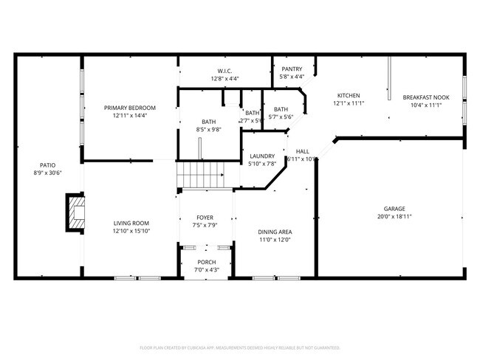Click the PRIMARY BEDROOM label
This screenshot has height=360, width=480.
click(130, 108)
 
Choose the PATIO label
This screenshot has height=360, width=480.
click(47, 165)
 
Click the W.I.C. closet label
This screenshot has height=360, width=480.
click(225, 70)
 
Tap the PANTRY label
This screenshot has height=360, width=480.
click(292, 69)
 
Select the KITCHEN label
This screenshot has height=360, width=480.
click(349, 96)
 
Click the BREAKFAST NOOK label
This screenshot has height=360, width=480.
click(426, 97)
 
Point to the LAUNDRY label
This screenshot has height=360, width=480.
click(262, 156)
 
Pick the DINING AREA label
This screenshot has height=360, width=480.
click(274, 232)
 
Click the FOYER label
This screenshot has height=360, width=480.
click(205, 218)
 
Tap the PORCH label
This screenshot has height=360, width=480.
click(206, 263)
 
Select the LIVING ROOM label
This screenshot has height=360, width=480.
click(131, 223)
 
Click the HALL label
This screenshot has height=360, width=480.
click(303, 151)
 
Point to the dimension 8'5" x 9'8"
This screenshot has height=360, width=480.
click(208, 130)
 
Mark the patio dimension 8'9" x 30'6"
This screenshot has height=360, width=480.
click(47, 173)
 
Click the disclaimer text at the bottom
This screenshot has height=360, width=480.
click(239, 347)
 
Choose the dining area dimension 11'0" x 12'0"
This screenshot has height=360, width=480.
click(274, 240)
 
